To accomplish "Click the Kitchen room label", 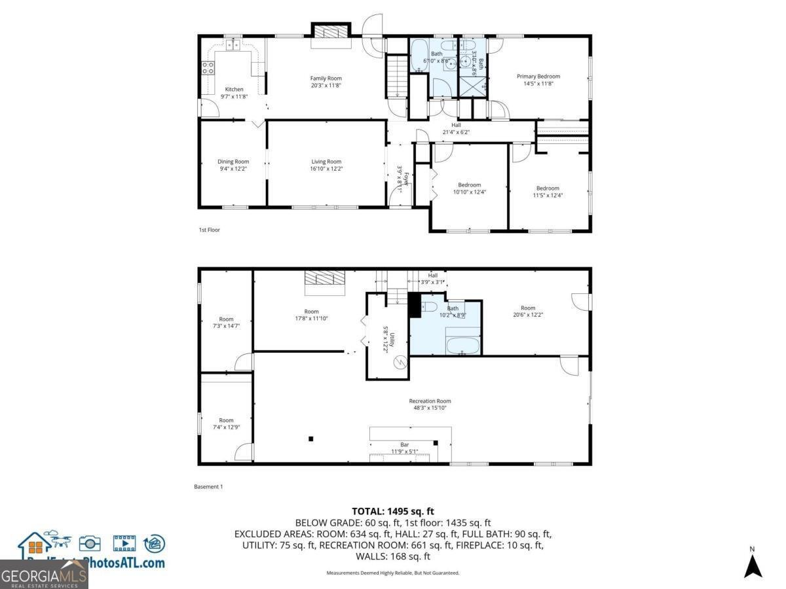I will [234, 90].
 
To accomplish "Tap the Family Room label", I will [326, 79].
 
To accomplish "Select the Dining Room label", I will [233, 162].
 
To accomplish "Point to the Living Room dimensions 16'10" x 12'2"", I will [326, 169].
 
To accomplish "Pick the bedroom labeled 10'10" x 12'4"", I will [469, 185].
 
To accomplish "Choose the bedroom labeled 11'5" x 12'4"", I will [548, 188].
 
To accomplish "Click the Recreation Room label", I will [430, 401].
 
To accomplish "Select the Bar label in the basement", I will [404, 445].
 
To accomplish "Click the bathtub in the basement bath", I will [463, 345].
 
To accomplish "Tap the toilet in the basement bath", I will [429, 306].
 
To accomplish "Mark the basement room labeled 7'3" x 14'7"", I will [226, 319].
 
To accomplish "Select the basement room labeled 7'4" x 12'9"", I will [226, 421].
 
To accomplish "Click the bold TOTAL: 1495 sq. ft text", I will [393, 511].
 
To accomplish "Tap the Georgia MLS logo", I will [44, 575].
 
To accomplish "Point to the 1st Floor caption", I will [210, 230].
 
